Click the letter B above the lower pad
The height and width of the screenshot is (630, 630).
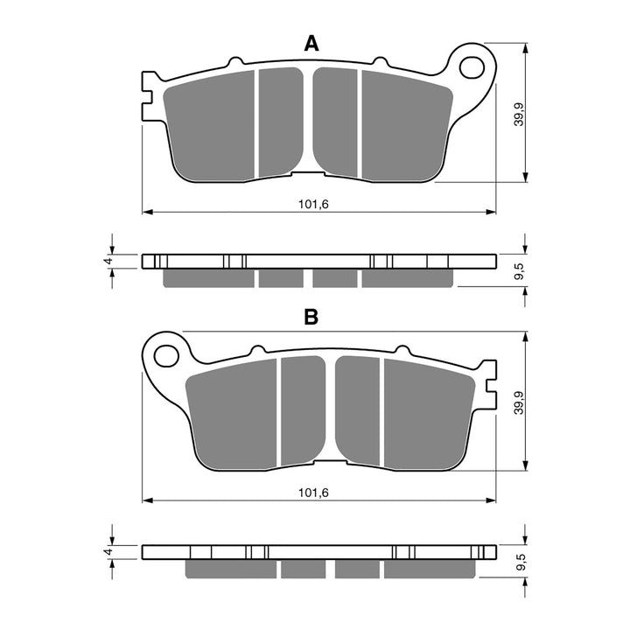click(x=311, y=318)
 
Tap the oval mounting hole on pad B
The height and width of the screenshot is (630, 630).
click(x=164, y=354)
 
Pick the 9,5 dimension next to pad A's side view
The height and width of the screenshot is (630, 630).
click(x=519, y=270)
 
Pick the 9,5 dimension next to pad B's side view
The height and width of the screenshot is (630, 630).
click(x=519, y=560)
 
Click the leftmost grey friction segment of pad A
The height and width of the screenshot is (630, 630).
click(x=210, y=127)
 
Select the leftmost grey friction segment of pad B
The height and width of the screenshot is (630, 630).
click(x=232, y=416)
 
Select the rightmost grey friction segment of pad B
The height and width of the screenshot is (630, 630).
click(x=428, y=416)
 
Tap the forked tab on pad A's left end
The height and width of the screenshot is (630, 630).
click(x=149, y=94)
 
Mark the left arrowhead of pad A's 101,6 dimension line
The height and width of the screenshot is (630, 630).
click(x=147, y=212)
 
